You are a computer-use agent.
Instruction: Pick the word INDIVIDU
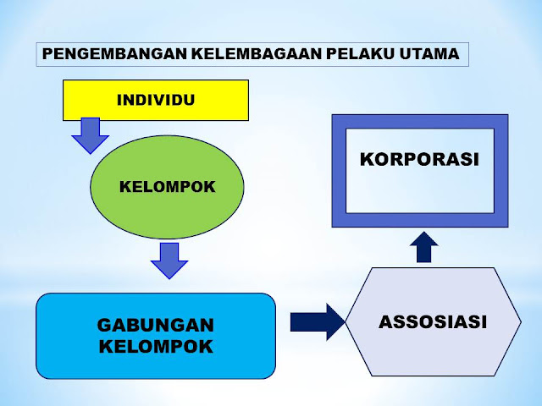pos(156,100)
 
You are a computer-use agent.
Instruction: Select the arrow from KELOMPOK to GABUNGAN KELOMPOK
pos(169,261)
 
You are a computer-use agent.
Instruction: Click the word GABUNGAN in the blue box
pos(156,325)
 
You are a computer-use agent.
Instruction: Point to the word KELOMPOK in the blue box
pos(156,346)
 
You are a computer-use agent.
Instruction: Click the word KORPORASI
pos(419,158)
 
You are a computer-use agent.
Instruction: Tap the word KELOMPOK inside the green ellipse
pos(167,186)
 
